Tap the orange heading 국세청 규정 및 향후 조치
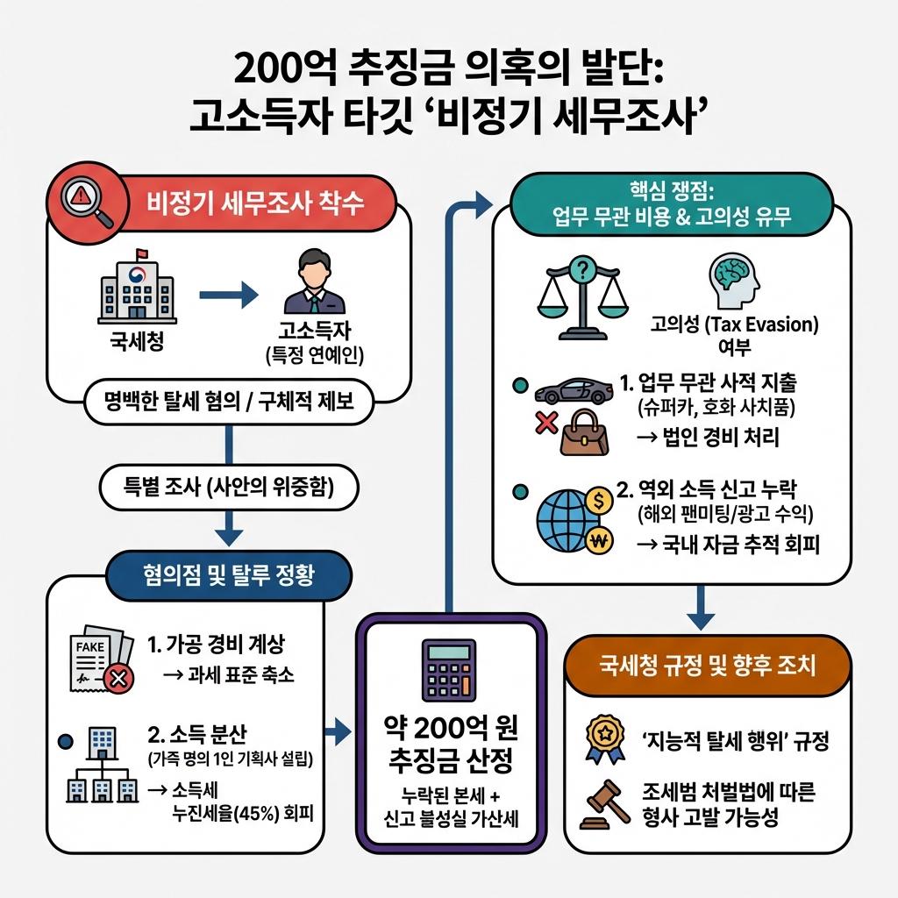point(709,666)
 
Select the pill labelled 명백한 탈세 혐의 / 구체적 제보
point(229,403)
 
